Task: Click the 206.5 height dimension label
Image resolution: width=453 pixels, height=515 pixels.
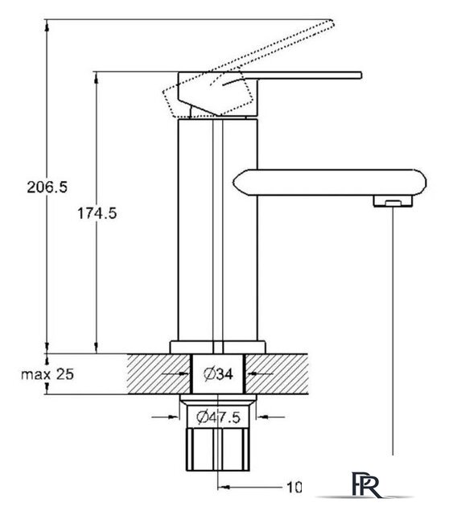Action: pyautogui.click(x=47, y=187)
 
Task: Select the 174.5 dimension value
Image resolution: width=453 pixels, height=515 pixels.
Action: pyautogui.click(x=97, y=213)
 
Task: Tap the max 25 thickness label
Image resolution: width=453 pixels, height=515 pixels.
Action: pyautogui.click(x=47, y=374)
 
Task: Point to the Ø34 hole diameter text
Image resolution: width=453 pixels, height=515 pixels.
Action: pyautogui.click(x=218, y=373)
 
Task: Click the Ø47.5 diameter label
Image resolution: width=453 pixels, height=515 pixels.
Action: pyautogui.click(x=218, y=417)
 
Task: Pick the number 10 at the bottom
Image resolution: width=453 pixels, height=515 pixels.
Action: pyautogui.click(x=294, y=487)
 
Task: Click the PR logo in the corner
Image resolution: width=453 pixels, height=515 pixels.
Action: pyautogui.click(x=366, y=484)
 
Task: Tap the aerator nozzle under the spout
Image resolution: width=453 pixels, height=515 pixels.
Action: pyautogui.click(x=393, y=201)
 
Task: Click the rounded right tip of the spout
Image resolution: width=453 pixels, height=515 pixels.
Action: pyautogui.click(x=425, y=183)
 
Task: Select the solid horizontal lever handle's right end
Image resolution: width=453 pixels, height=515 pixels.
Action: pyautogui.click(x=361, y=75)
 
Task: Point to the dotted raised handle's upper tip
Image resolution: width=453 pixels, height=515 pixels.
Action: pyautogui.click(x=332, y=23)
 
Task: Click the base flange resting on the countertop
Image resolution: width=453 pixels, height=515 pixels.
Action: pyautogui.click(x=217, y=347)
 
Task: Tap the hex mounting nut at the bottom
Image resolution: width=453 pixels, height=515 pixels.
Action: pyautogui.click(x=218, y=449)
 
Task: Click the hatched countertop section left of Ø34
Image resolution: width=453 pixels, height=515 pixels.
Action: pyautogui.click(x=159, y=374)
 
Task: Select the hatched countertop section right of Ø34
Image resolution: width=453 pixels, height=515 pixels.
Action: pyautogui.click(x=277, y=374)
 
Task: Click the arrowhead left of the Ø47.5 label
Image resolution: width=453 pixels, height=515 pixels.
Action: pyautogui.click(x=173, y=417)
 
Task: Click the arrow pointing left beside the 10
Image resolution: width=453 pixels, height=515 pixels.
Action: pyautogui.click(x=250, y=487)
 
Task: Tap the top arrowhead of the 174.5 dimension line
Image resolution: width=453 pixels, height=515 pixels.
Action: pyautogui.click(x=97, y=78)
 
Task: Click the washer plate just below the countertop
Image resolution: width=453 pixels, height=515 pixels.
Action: pyautogui.click(x=218, y=398)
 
